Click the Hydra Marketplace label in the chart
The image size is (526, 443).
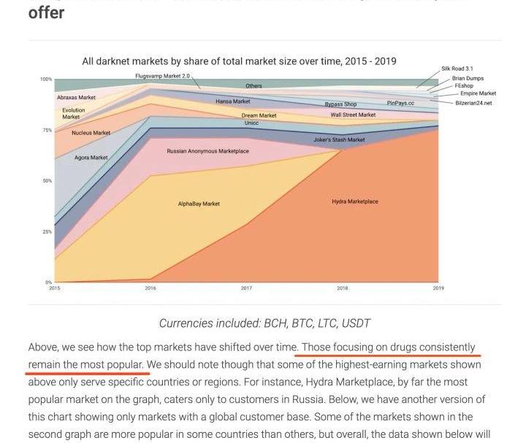tap(355, 201)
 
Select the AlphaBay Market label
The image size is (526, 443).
tap(199, 204)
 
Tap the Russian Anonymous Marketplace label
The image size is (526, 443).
tap(207, 151)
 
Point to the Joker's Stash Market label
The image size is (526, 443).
tap(339, 139)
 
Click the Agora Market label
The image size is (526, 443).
tap(91, 158)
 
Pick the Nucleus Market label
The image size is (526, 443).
tap(91, 133)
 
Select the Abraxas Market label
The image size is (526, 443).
tap(76, 97)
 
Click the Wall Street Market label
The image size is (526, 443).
tap(353, 115)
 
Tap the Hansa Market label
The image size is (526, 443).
tap(232, 101)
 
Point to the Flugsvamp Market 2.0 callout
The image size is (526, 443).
tap(162, 76)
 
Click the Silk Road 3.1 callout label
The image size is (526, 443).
tap(457, 69)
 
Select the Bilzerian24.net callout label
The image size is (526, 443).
tap(473, 103)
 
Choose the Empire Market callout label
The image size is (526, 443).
tap(478, 93)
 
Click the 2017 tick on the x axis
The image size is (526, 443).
tap(246, 288)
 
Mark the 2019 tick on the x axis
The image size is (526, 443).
tap(438, 288)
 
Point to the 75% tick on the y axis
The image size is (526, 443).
tap(47, 130)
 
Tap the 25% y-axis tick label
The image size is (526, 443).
tap(47, 231)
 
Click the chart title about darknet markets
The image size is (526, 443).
tap(239, 61)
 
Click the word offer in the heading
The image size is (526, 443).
tap(46, 12)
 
